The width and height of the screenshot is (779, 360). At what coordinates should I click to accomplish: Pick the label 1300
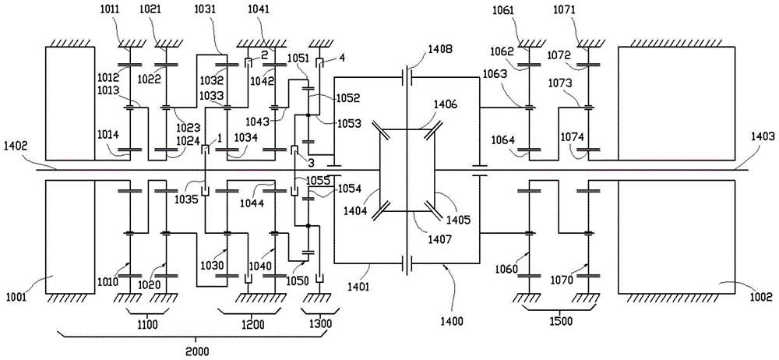coord(316,323)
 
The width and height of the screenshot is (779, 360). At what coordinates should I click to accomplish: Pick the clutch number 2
coord(265,55)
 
